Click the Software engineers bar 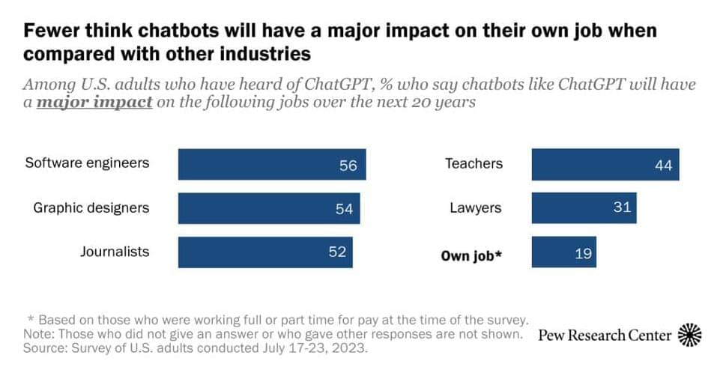pos(272,165)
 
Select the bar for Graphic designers pos(264,208)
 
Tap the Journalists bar pos(264,252)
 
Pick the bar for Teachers pos(605,165)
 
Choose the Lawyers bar pos(584,207)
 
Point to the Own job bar pos(566,252)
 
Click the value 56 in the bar pos(348,166)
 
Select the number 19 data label pos(583,253)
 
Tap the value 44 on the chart pos(663,166)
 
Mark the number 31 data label pos(622,207)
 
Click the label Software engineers pos(87,163)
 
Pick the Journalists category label pos(115,252)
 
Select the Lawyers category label pos(475,207)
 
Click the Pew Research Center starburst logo pos(689,334)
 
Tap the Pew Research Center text pos(605,335)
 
